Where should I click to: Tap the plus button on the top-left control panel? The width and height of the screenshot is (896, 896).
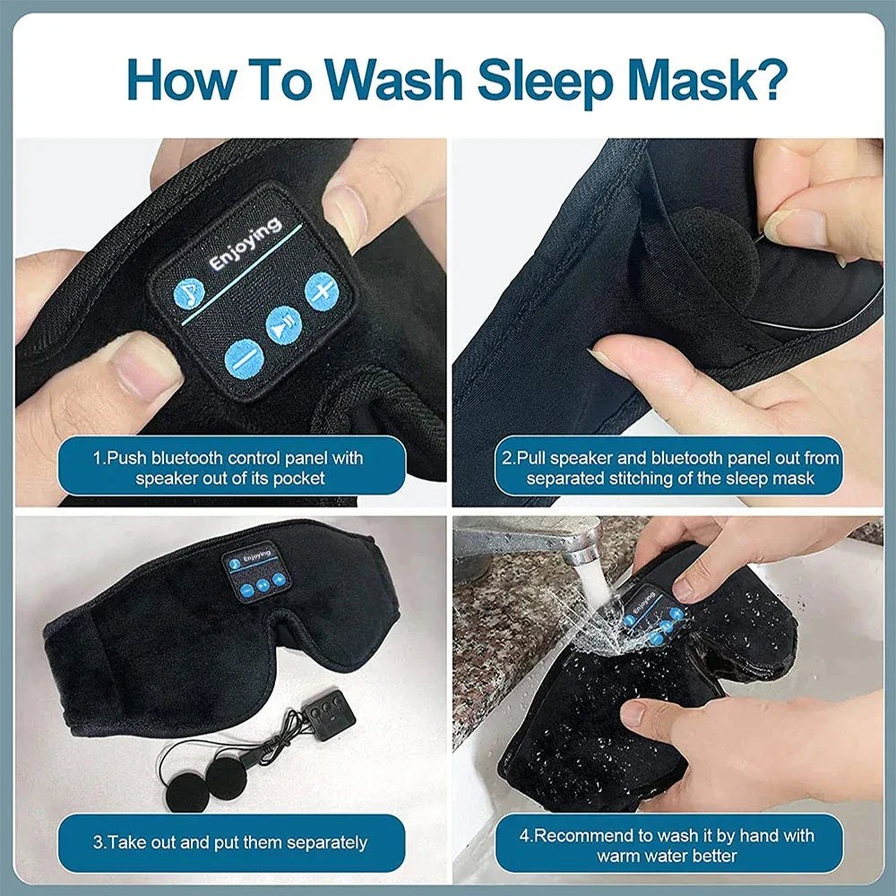320,290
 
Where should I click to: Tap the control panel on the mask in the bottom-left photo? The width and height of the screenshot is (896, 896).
256,570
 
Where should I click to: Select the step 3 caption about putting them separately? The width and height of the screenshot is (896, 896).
229,842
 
